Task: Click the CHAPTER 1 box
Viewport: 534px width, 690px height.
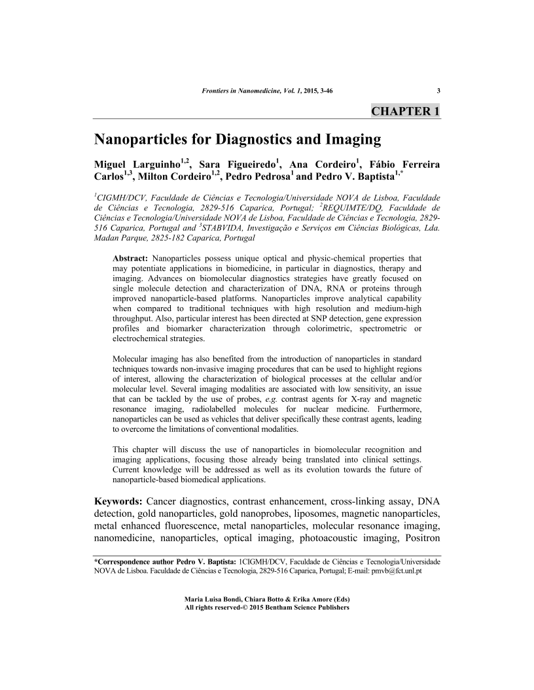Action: [406, 110]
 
